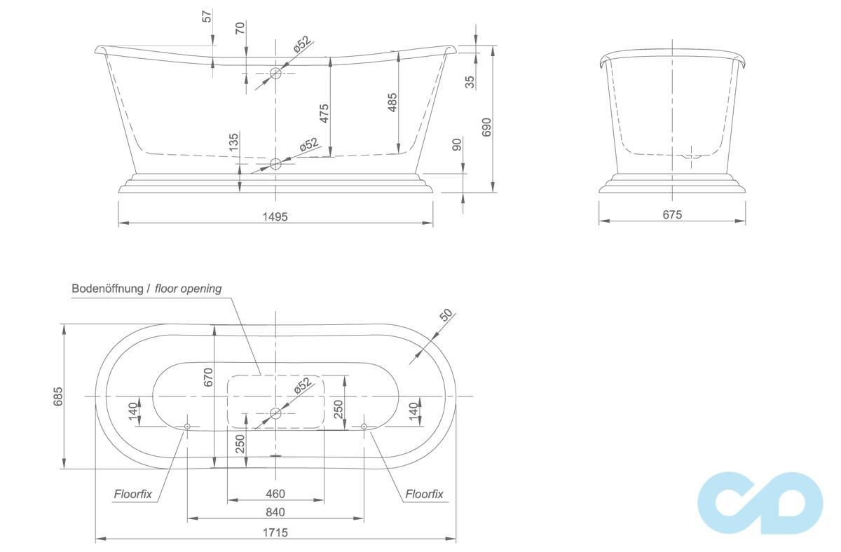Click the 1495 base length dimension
(275, 217)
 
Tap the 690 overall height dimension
(486, 127)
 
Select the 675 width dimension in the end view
(672, 214)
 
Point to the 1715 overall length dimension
(275, 532)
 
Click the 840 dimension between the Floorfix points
(275, 512)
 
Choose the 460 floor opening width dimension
(275, 493)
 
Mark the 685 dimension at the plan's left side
(58, 396)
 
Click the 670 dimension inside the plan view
(208, 377)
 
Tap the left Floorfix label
(133, 494)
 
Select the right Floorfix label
(424, 494)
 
